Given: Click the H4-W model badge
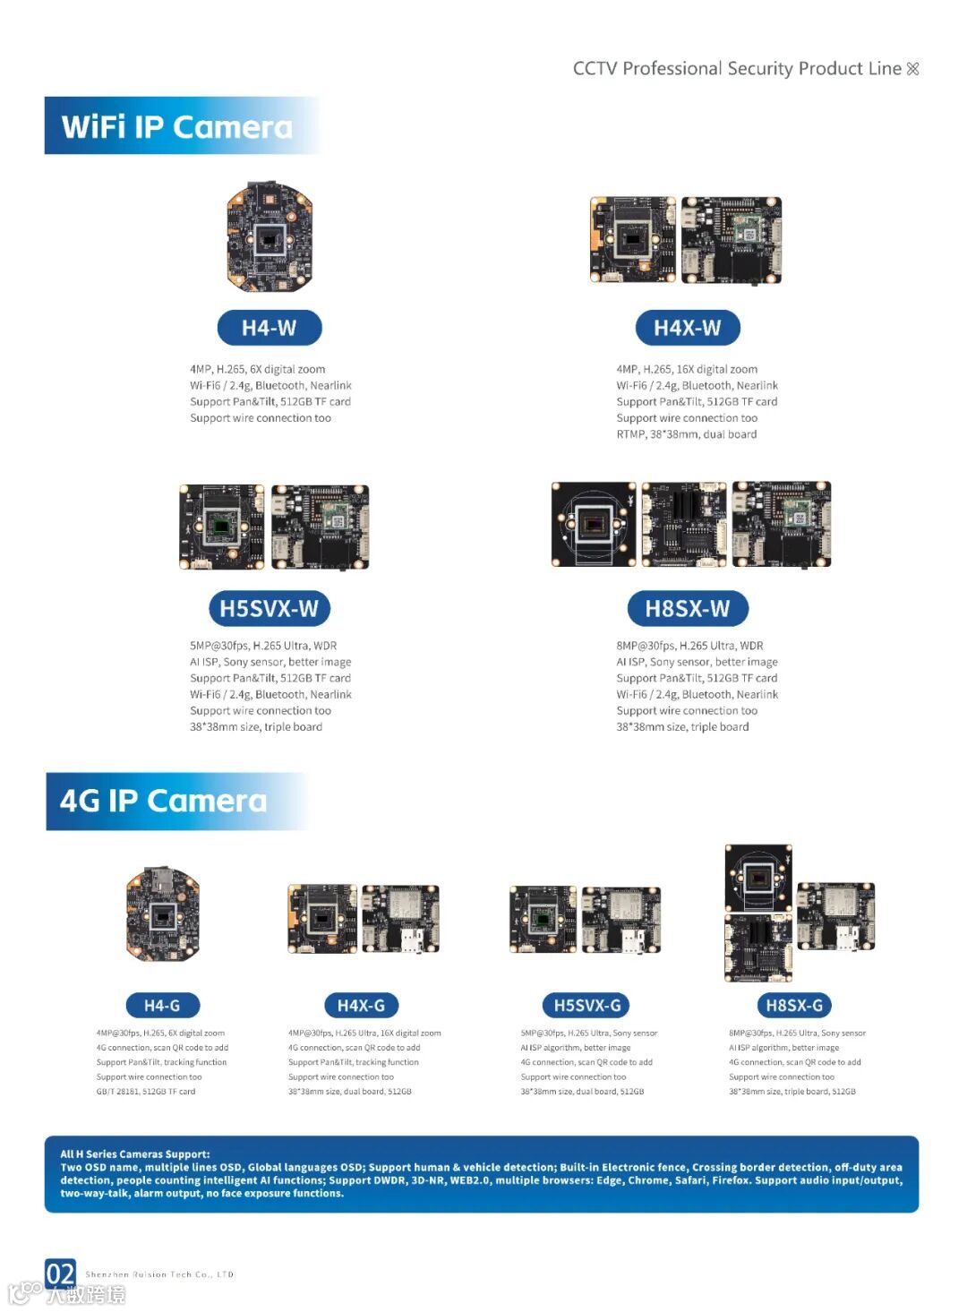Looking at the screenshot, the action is pyautogui.click(x=269, y=328).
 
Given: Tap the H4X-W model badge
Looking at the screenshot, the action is pyautogui.click(x=687, y=328).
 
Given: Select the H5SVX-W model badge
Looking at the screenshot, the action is pyautogui.click(x=269, y=609).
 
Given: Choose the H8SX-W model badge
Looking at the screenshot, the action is pyautogui.click(x=687, y=609).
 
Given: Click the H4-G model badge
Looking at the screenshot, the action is pyautogui.click(x=162, y=1006).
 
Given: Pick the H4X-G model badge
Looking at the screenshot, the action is pyautogui.click(x=361, y=1006).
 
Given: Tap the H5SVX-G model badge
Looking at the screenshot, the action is pyautogui.click(x=587, y=1006).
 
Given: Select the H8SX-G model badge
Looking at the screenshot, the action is pyautogui.click(x=793, y=1006).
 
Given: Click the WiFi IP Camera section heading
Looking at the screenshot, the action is pyautogui.click(x=177, y=127).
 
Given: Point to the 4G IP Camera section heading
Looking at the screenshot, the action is pyautogui.click(x=164, y=801).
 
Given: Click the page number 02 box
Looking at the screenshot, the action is pyautogui.click(x=60, y=1273).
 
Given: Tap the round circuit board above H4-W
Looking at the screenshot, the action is pyautogui.click(x=269, y=236).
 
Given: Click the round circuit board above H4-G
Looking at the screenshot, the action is pyautogui.click(x=162, y=914).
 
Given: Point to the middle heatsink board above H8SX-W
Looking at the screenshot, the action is pyautogui.click(x=684, y=525).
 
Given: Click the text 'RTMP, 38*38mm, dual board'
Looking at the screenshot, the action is pyautogui.click(x=686, y=434).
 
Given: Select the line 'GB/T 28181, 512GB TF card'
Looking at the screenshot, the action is pyautogui.click(x=146, y=1092).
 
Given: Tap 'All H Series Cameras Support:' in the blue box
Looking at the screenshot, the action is pyautogui.click(x=135, y=1154).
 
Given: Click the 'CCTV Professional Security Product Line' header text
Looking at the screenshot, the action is pyautogui.click(x=737, y=69).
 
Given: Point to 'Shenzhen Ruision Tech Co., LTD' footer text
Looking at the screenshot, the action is pyautogui.click(x=159, y=1274).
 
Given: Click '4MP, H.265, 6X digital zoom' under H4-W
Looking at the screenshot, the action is pyautogui.click(x=257, y=369).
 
